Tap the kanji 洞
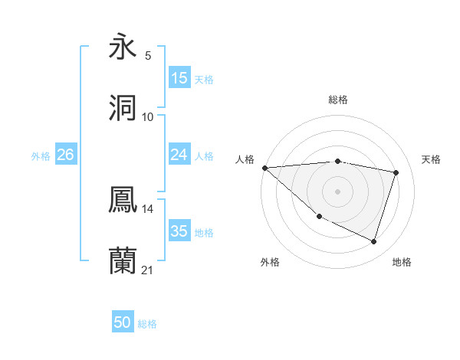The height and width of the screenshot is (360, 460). point(123,108)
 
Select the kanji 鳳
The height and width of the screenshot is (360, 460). point(123,200)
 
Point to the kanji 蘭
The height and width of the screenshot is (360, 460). point(123,260)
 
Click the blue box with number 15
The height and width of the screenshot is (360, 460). point(179,78)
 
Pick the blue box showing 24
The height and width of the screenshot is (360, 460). point(179,155)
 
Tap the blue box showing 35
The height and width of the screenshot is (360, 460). point(179,231)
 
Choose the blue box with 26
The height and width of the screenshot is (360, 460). point(65,155)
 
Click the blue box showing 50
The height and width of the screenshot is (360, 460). point(123,322)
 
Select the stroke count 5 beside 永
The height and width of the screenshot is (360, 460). point(148,56)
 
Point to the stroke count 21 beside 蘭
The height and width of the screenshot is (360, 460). point(148,270)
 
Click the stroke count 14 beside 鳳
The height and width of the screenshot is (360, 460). point(148,208)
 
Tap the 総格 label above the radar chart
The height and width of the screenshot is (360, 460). point(338,100)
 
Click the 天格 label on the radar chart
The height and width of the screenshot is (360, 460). point(432,159)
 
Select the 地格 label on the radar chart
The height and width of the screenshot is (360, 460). point(402,262)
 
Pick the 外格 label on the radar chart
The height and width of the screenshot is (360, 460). point(270,262)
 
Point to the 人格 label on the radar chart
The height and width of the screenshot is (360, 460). point(245,159)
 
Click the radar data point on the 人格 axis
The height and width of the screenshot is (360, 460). point(264,168)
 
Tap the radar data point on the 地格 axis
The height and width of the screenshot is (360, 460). point(374,242)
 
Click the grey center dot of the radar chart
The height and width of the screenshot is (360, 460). point(338,191)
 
